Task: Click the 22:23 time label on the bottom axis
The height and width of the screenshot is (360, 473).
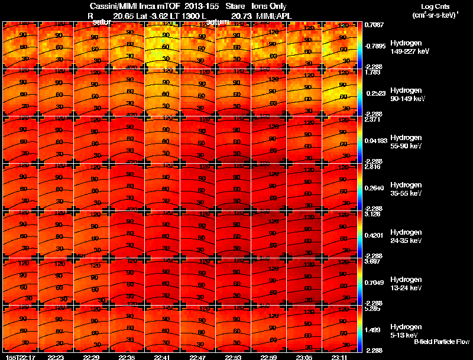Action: coord(56,357)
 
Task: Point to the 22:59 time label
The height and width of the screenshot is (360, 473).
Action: coord(269,357)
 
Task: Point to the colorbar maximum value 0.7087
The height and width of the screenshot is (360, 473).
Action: coord(374,25)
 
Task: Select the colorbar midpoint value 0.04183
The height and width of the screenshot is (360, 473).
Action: coord(376,140)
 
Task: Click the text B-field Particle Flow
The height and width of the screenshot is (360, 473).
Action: coord(442,342)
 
